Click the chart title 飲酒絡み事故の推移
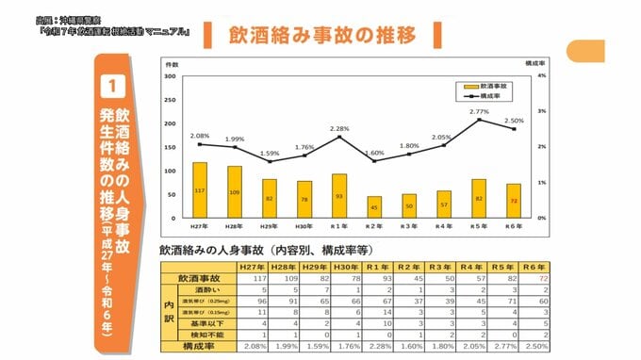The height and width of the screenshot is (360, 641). click(321, 37)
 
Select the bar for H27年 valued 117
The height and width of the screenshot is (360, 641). click(200, 189)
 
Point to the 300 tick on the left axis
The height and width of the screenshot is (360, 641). click(171, 76)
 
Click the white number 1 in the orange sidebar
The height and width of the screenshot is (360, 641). click(111, 86)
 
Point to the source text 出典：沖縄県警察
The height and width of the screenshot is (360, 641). click(72, 18)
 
